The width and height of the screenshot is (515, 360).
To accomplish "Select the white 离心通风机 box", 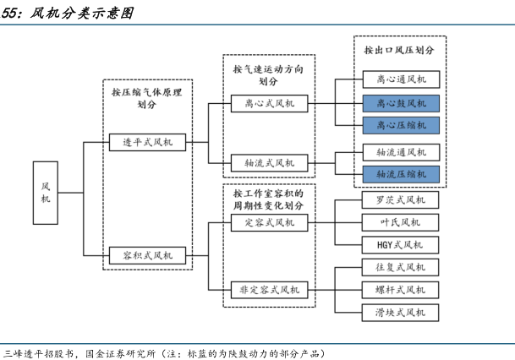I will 401,81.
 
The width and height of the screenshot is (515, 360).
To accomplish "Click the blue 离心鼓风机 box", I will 401,104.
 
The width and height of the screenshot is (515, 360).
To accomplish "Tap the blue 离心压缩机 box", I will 401,126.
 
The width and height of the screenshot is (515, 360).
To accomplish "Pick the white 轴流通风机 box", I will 401,152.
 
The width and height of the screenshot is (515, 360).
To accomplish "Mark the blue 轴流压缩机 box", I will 401,174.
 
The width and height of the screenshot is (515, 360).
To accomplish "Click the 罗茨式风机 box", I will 401,200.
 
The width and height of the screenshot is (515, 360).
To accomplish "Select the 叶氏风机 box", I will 401,223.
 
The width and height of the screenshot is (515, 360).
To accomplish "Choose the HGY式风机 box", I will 401,245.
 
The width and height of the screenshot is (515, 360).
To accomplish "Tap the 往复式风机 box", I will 401,268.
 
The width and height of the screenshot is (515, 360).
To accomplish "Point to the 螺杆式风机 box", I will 401,291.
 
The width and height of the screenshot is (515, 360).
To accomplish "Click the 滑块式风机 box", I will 401,313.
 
